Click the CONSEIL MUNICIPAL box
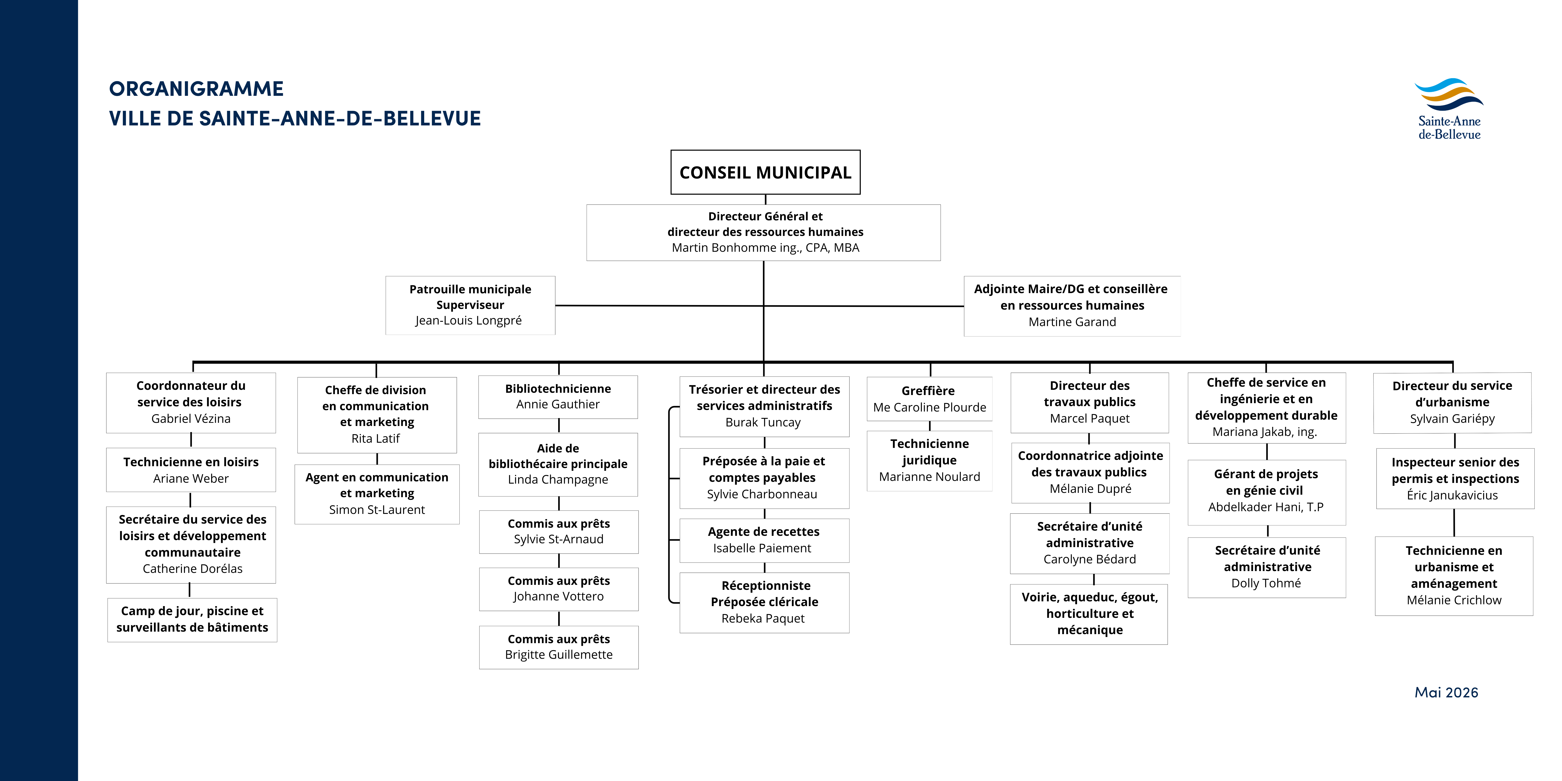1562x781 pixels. [765, 172]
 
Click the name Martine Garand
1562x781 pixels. [1072, 322]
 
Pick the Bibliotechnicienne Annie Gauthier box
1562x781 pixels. [558, 397]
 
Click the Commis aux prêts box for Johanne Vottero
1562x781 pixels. [558, 589]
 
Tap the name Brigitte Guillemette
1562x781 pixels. [558, 655]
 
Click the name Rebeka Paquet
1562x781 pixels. [763, 619]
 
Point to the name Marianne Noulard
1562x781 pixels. [929, 477]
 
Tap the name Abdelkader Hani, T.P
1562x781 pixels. [1266, 507]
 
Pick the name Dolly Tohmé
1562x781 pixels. [1266, 583]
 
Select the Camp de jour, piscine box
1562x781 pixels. [192, 620]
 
